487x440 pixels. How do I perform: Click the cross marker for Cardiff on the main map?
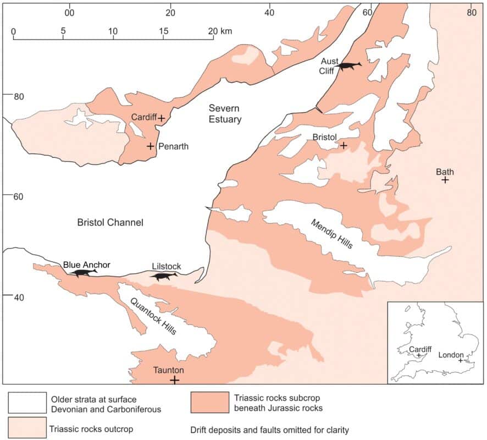point(162,118)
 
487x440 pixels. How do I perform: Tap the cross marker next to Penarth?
point(150,146)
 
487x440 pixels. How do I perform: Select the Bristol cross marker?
point(344,146)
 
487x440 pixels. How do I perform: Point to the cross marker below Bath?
point(445,180)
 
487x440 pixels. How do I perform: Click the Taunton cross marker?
point(174,380)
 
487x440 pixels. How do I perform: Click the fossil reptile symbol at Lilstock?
point(165,277)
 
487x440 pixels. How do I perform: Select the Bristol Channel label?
point(110,223)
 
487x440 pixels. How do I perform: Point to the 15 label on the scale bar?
point(163,31)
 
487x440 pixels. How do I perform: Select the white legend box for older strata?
point(25,403)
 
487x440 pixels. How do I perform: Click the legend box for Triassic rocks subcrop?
point(209,403)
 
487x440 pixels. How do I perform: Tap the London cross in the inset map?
point(460,360)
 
